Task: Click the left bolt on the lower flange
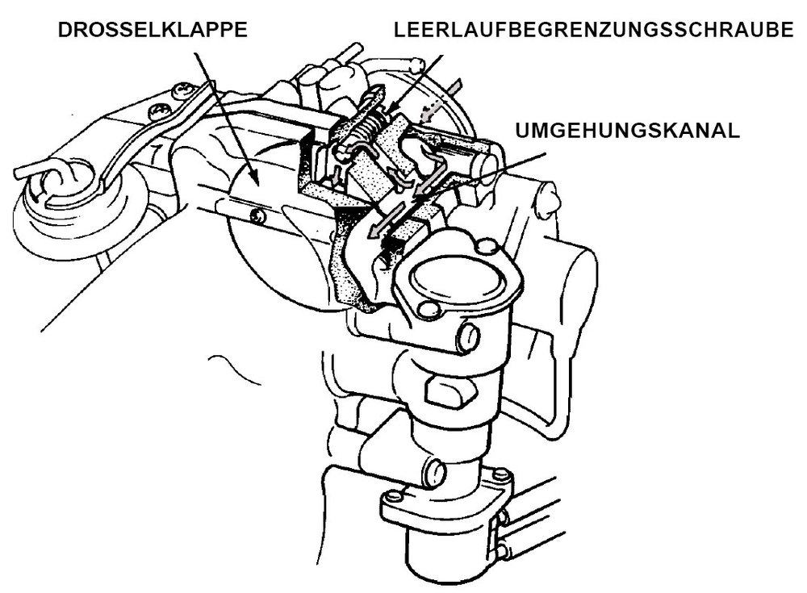pyautogui.click(x=393, y=497)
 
